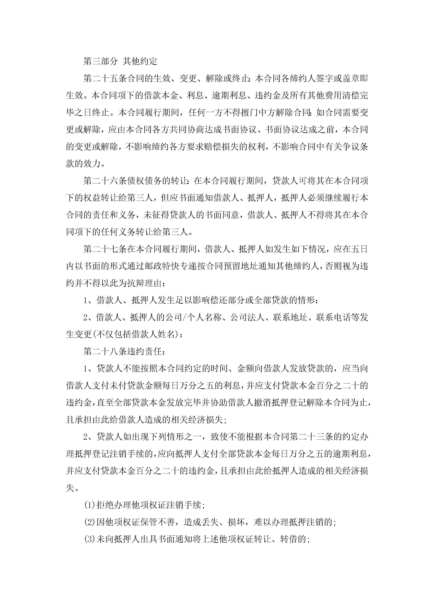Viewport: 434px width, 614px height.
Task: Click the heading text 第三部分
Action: coord(100,61)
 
